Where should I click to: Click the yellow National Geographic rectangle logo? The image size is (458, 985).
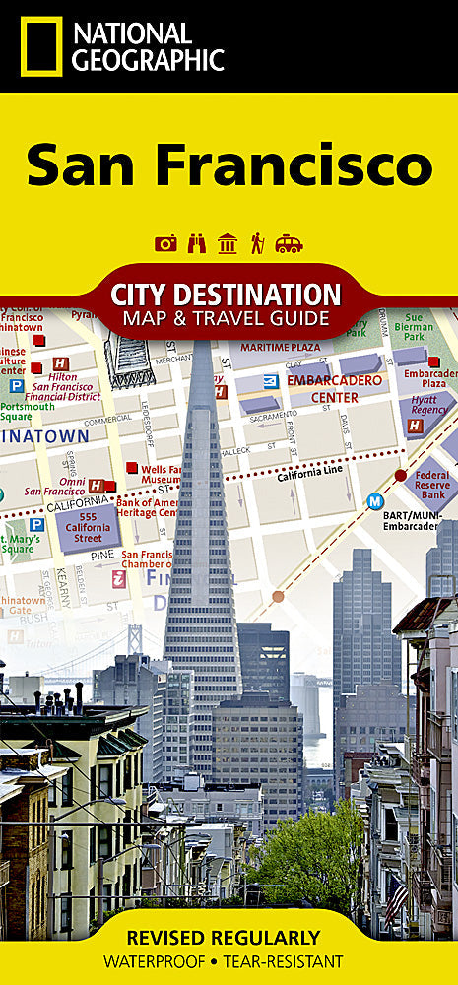[x=41, y=46]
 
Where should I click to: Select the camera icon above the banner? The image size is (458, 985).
[x=166, y=243]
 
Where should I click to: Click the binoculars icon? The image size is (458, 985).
[x=197, y=243]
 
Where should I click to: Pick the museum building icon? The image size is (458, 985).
[x=228, y=243]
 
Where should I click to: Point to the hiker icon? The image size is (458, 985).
[x=257, y=243]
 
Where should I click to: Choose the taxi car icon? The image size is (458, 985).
[x=289, y=243]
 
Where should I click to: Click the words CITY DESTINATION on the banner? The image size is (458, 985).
[x=226, y=294]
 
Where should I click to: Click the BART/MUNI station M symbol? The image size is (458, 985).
[x=375, y=501]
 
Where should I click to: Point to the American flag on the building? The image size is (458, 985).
[x=396, y=898]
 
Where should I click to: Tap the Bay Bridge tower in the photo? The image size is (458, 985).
[x=135, y=640]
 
